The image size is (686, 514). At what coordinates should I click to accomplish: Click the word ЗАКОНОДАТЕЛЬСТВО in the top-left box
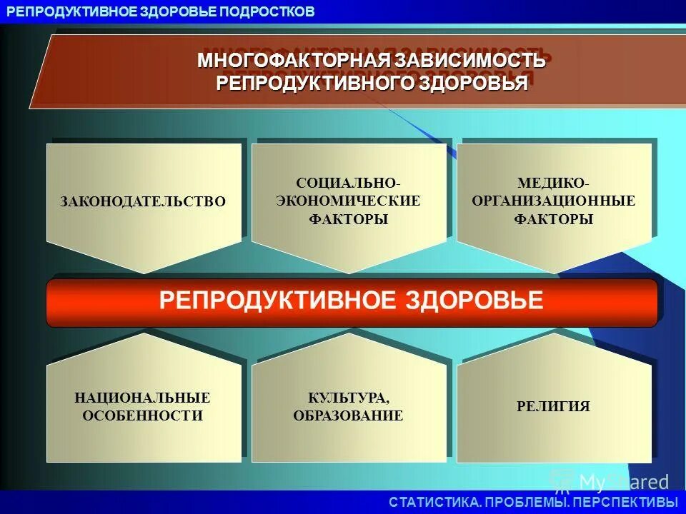[143, 202]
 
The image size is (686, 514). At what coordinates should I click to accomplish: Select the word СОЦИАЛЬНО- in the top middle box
[349, 183]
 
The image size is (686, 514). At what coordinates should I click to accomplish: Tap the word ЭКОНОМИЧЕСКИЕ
[349, 201]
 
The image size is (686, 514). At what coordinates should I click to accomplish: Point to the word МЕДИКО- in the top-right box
[554, 183]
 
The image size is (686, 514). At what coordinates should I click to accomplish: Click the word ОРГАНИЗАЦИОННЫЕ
[554, 201]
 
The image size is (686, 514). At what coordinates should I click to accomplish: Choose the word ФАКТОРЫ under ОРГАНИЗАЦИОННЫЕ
[554, 219]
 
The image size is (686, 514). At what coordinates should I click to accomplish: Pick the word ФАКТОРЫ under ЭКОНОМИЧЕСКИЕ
[349, 219]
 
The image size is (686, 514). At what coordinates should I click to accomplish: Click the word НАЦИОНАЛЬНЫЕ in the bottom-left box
[143, 398]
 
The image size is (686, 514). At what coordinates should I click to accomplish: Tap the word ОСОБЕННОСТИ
[143, 415]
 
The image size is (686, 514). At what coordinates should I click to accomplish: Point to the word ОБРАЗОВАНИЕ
[349, 415]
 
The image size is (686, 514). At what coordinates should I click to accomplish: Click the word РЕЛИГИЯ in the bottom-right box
[554, 406]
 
